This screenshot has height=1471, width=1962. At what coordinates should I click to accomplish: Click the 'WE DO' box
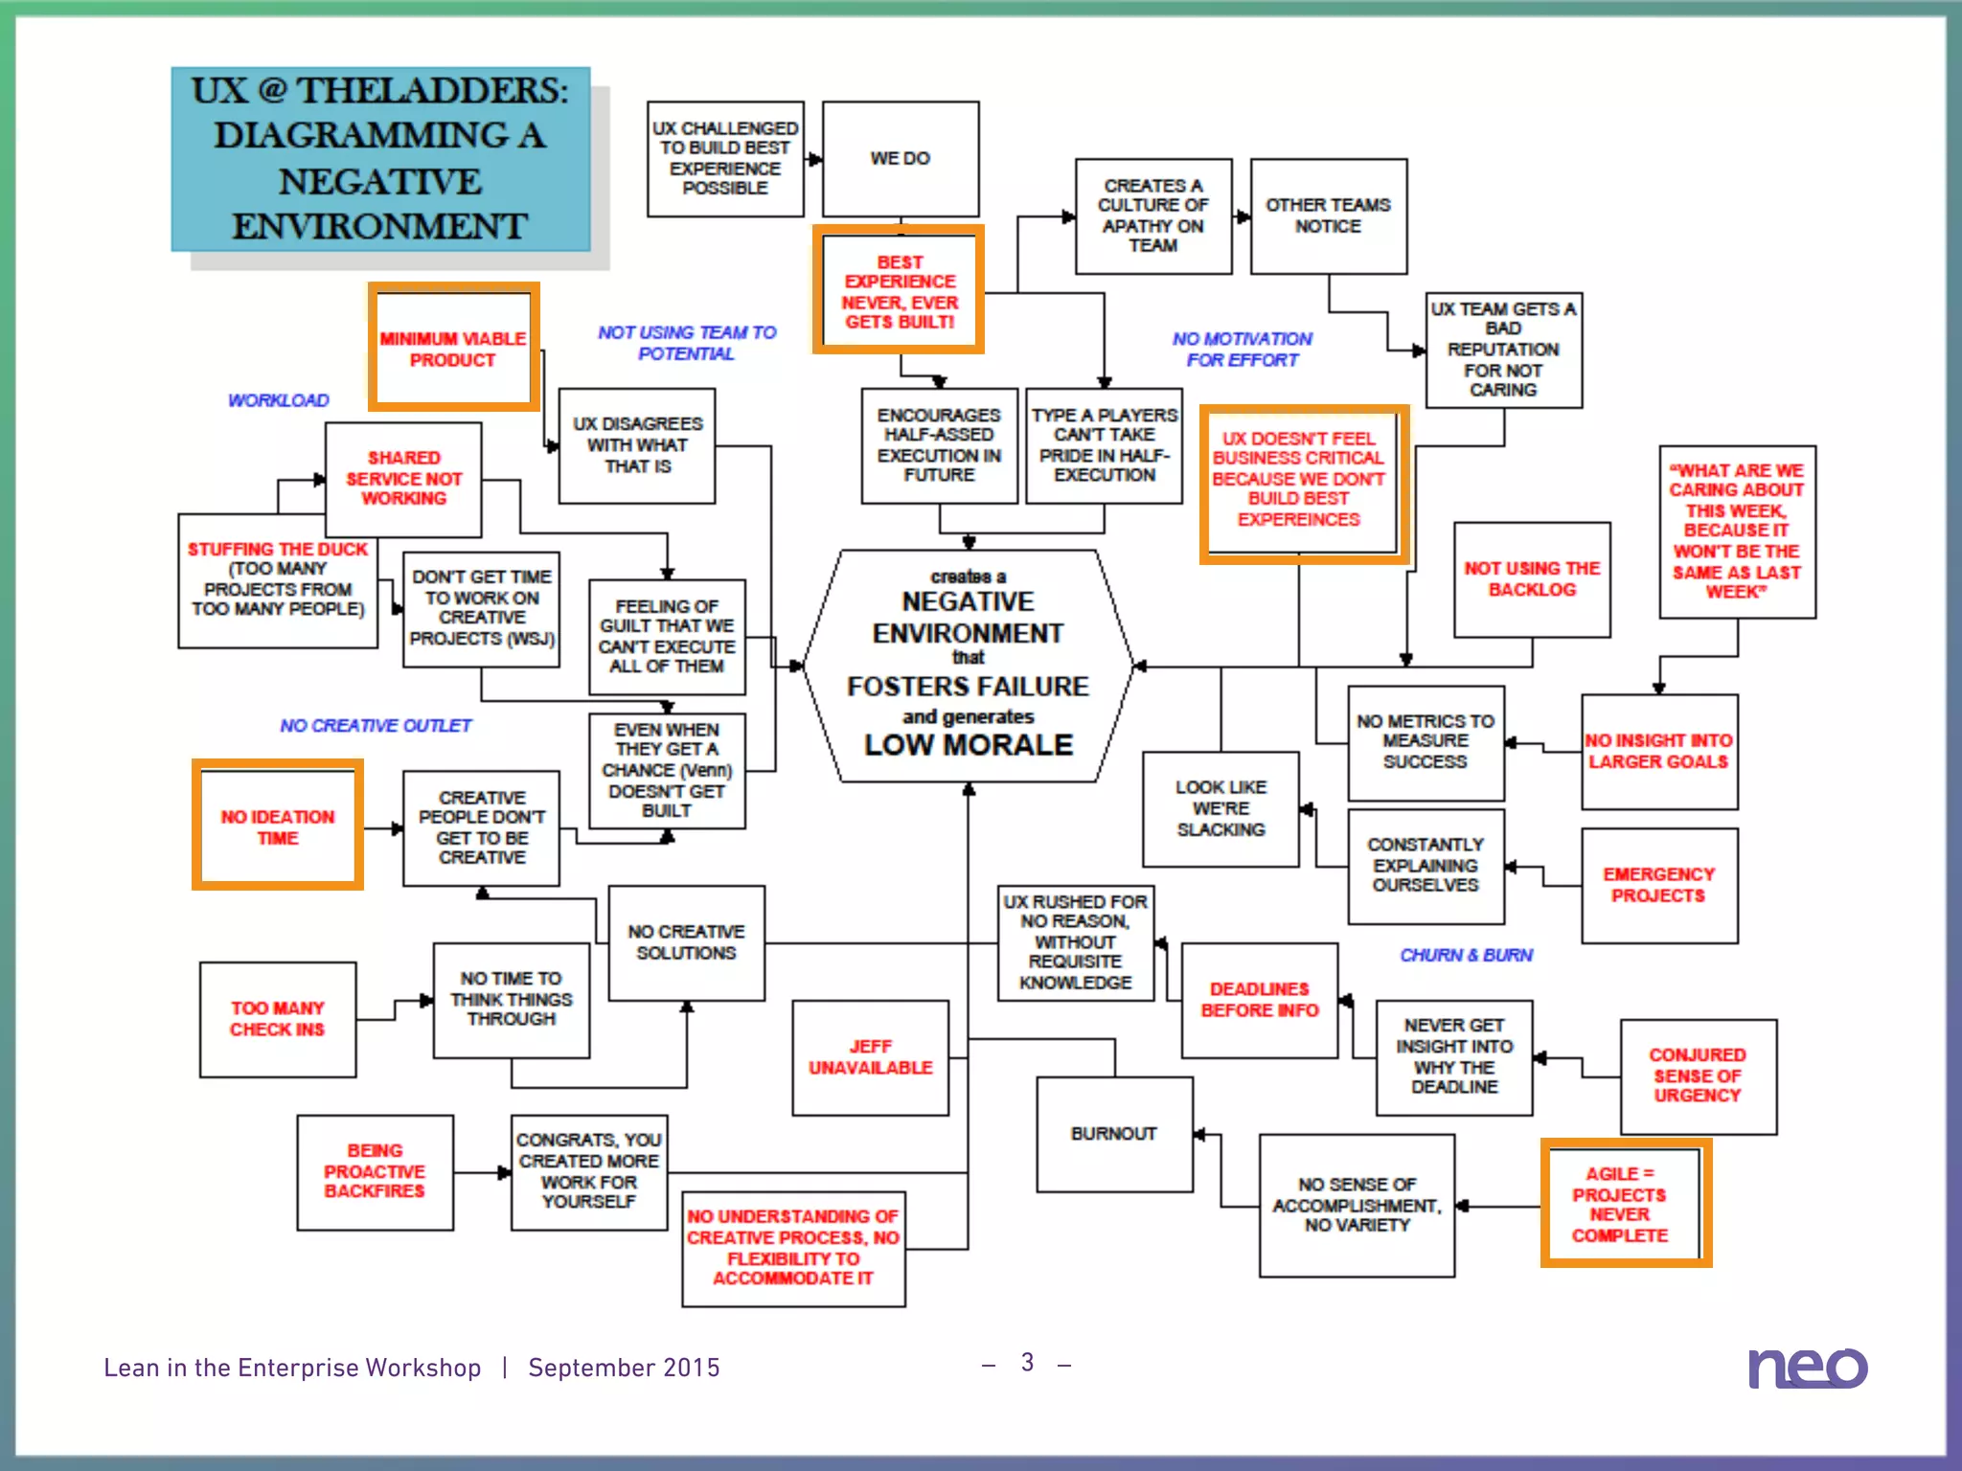pyautogui.click(x=901, y=159)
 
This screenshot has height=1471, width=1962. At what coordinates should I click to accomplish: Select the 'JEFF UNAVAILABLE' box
pyautogui.click(x=870, y=1057)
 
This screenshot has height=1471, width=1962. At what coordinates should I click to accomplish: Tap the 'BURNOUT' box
pyautogui.click(x=1114, y=1134)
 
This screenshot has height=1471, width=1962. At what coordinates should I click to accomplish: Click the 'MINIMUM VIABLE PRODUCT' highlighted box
pyautogui.click(x=453, y=349)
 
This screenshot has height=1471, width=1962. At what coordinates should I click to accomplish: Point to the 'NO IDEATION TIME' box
pyautogui.click(x=278, y=826)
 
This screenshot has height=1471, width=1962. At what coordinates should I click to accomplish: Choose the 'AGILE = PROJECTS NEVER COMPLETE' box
pyautogui.click(x=1620, y=1204)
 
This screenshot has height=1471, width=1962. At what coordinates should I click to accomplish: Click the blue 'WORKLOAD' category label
pyautogui.click(x=278, y=400)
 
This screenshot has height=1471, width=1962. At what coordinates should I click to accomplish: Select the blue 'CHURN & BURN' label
pyautogui.click(x=1466, y=955)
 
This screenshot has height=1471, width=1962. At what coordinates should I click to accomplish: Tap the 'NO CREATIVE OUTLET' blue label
pyautogui.click(x=376, y=726)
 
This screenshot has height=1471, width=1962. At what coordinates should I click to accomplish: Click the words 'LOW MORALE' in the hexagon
pyautogui.click(x=968, y=745)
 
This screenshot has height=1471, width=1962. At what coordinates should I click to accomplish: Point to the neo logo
pyautogui.click(x=1807, y=1367)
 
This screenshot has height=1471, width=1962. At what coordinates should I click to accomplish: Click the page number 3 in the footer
pyautogui.click(x=1027, y=1363)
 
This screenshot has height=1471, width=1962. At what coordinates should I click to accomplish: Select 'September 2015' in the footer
pyautogui.click(x=624, y=1368)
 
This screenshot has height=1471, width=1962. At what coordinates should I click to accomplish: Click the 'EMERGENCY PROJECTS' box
pyautogui.click(x=1658, y=885)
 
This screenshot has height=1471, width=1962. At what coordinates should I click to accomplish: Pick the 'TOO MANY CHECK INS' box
pyautogui.click(x=278, y=1019)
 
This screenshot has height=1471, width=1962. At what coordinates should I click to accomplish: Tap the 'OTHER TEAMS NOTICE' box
pyautogui.click(x=1328, y=215)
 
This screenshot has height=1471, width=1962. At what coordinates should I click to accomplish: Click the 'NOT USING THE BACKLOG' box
pyautogui.click(x=1531, y=579)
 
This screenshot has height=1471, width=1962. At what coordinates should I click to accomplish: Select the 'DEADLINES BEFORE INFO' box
pyautogui.click(x=1259, y=1000)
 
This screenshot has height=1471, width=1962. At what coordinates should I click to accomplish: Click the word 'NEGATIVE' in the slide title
pyautogui.click(x=380, y=181)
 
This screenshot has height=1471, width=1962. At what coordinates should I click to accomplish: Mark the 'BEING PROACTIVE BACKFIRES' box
pyautogui.click(x=375, y=1171)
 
